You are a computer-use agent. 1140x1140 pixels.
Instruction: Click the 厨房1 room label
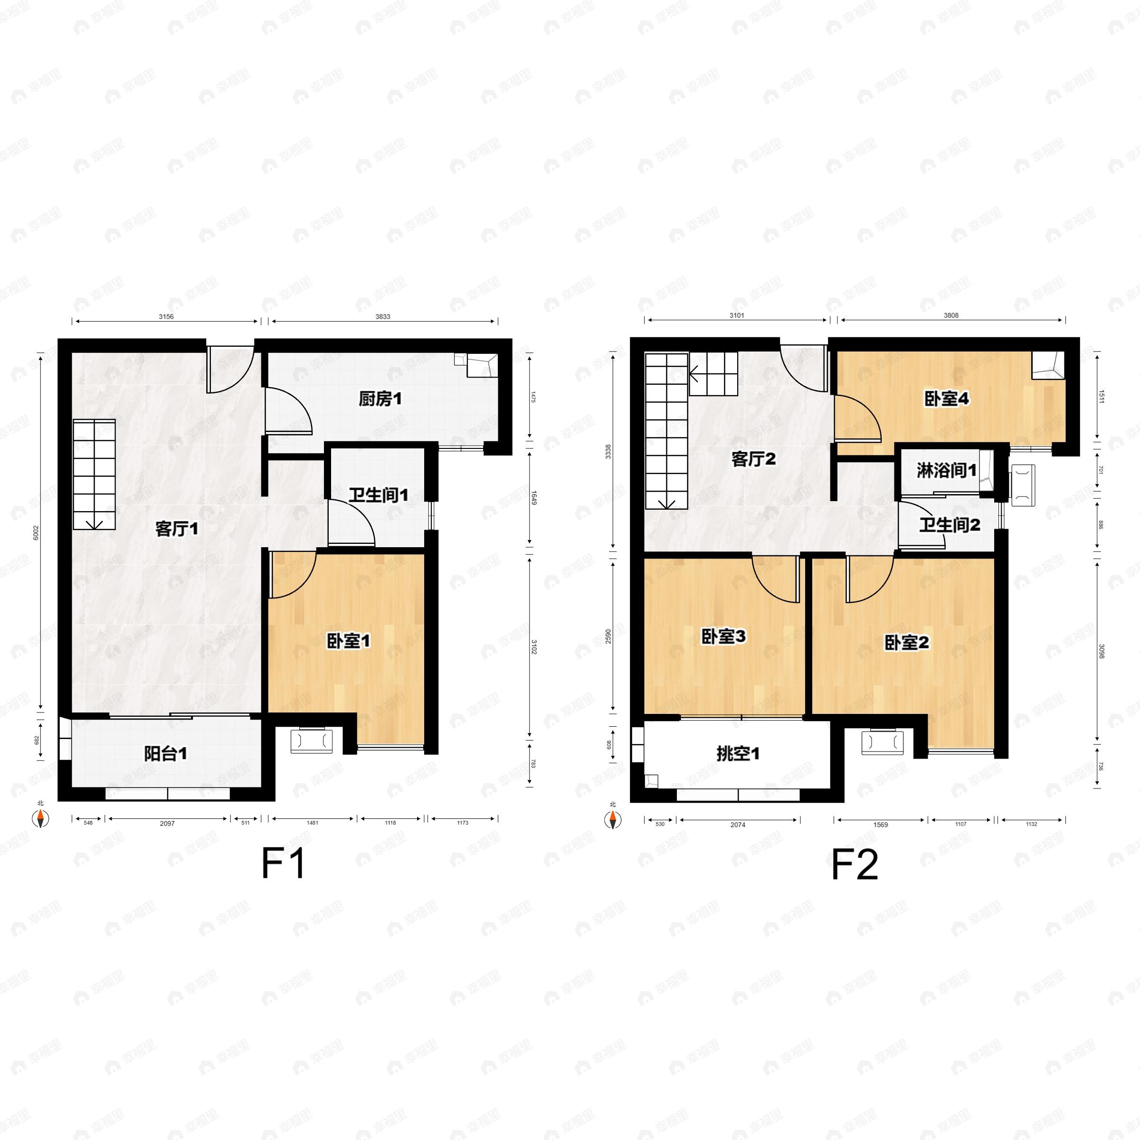(x=380, y=399)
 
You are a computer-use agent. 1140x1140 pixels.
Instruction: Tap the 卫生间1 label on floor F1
(x=378, y=494)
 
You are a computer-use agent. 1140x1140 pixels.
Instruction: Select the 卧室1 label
(x=348, y=641)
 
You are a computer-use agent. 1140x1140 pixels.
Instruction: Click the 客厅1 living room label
(x=176, y=529)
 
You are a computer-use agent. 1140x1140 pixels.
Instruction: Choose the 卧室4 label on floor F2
(x=947, y=399)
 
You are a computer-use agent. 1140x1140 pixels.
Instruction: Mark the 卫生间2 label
(x=950, y=524)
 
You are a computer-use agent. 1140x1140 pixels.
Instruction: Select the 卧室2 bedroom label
(x=906, y=643)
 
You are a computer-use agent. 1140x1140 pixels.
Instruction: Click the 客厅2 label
(x=752, y=458)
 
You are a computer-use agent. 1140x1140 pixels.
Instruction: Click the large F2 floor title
(x=855, y=865)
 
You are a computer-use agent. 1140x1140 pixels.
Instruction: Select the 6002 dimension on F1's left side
(x=36, y=533)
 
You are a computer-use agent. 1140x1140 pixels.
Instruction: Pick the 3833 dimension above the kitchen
(x=382, y=317)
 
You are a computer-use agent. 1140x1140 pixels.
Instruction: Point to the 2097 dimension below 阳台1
(x=167, y=823)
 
